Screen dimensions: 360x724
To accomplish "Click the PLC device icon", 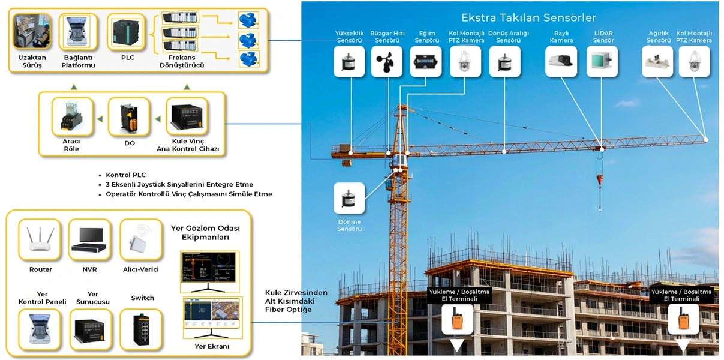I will [128, 32].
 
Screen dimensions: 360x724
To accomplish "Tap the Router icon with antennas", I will [41, 240].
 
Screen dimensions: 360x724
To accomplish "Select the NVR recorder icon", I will [90, 240].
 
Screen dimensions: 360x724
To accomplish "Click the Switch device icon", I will [142, 329].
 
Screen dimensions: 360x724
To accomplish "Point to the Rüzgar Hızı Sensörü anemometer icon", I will [386, 62].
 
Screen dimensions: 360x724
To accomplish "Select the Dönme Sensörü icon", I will [349, 199].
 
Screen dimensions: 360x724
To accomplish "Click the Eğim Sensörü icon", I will [426, 62].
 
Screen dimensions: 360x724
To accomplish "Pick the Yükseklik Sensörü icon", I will [349, 62].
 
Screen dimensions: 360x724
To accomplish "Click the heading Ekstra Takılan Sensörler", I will [528, 17].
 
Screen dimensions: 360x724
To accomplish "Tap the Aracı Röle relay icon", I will [72, 117].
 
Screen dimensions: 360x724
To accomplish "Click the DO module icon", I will [129, 117].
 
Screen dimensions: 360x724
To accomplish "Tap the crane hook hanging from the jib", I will [600, 180].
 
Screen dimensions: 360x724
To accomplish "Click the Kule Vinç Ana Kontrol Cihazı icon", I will [187, 117].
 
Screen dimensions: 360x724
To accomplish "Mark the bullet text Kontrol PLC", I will [125, 175].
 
